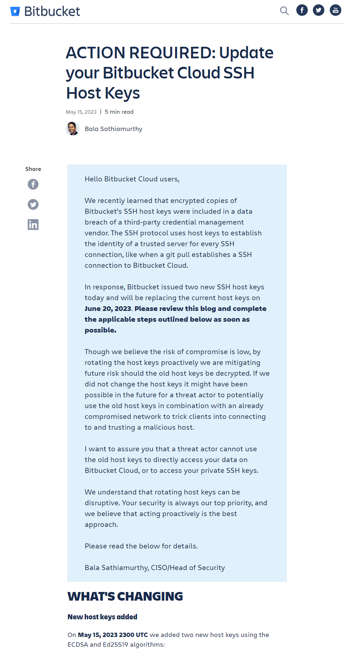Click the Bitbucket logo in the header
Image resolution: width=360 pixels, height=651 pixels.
coord(45,12)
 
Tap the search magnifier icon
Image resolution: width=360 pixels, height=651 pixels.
coord(284,11)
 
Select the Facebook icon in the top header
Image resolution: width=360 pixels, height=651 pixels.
coord(302,10)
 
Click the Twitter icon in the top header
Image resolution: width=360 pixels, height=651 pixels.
coord(319,10)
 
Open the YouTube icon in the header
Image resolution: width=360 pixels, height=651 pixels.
coord(336,10)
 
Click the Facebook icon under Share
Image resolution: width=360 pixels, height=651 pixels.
coord(33,184)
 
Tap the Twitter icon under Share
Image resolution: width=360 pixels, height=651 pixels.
coord(33,204)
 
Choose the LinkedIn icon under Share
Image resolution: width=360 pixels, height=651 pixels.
coord(33,225)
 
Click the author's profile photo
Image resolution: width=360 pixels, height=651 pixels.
coord(73,128)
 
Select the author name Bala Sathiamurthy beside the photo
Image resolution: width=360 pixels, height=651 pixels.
coord(113,129)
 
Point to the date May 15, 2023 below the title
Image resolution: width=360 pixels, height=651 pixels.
coord(81,112)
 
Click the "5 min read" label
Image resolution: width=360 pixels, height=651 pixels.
coord(119,112)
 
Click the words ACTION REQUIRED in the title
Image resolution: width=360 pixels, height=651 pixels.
coord(140,53)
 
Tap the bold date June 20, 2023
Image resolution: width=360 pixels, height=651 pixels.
coord(108,309)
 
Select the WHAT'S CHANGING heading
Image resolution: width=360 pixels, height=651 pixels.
coord(125,596)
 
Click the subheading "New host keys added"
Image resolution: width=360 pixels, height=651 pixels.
coord(102,617)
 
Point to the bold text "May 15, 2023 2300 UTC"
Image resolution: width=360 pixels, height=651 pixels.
coord(113,635)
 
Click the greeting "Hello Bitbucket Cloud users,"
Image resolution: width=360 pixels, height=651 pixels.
coord(132,179)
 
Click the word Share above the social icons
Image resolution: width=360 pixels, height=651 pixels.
coord(33,169)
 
